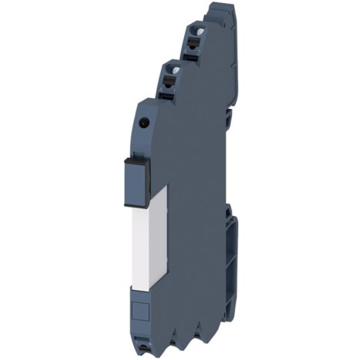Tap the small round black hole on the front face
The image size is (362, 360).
pyautogui.click(x=144, y=120)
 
